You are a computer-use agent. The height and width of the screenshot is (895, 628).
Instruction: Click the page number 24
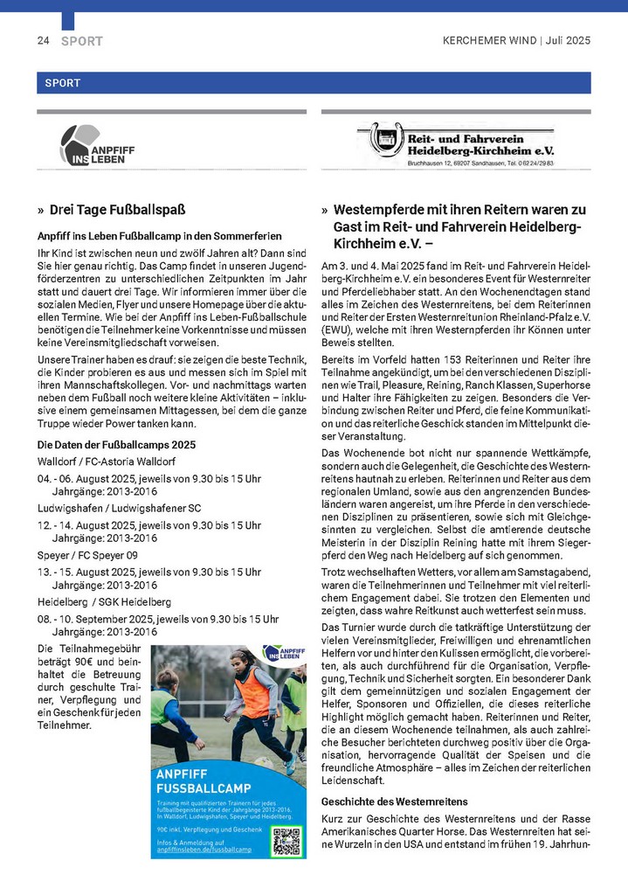43,41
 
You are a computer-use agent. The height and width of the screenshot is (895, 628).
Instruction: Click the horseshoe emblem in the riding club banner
385,138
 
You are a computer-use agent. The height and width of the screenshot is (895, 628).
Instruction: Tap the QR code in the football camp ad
286,840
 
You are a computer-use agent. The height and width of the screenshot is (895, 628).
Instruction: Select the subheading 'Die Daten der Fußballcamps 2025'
116,445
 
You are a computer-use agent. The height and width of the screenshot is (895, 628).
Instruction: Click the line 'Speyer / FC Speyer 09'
87,555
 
